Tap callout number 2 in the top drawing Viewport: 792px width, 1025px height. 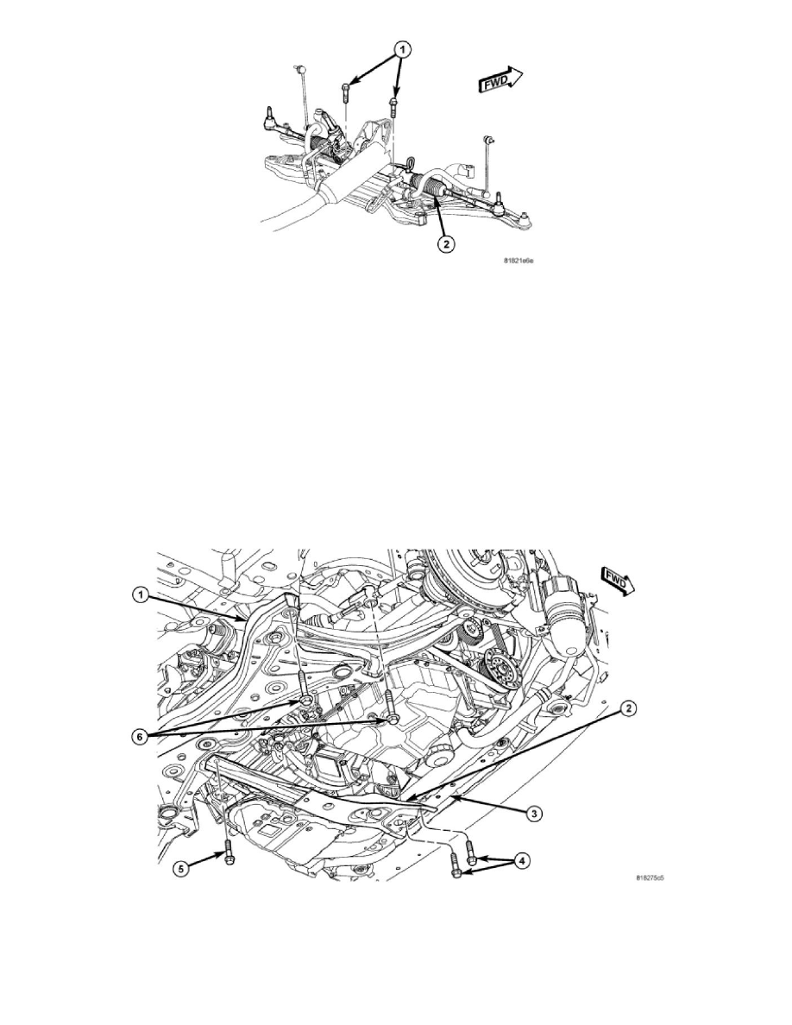pyautogui.click(x=445, y=244)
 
